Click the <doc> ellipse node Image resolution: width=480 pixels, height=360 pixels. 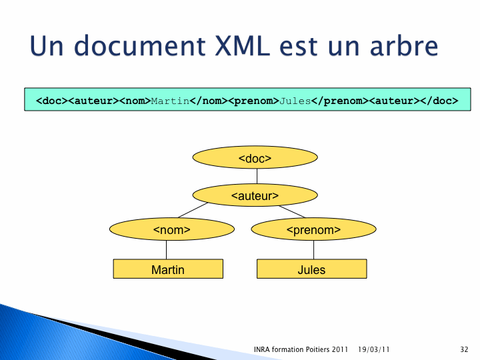(x=255, y=157)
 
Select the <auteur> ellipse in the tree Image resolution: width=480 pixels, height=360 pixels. (x=255, y=195)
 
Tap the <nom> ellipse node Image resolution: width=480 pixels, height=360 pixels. (x=172, y=229)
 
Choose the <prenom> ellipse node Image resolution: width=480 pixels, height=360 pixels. (x=314, y=229)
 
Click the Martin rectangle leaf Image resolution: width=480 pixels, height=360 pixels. (x=168, y=269)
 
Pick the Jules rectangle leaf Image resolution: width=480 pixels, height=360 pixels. (x=311, y=269)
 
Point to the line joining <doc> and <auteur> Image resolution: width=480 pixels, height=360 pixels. (x=257, y=176)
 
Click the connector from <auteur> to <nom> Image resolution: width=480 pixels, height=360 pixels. (x=193, y=210)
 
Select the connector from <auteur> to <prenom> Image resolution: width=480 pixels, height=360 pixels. (x=292, y=211)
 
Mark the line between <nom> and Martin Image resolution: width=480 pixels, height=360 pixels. (x=167, y=250)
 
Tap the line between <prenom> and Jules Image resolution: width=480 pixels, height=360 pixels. (x=314, y=250)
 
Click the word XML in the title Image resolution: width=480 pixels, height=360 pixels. (x=242, y=46)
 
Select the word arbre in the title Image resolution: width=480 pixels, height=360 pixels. (x=404, y=46)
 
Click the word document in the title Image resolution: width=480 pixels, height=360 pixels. (x=139, y=46)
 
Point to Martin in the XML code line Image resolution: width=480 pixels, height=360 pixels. (x=170, y=101)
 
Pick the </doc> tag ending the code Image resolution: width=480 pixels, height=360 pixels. (x=439, y=101)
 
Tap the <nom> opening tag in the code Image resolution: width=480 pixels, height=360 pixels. (x=135, y=101)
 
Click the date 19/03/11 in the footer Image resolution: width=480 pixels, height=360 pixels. (x=373, y=349)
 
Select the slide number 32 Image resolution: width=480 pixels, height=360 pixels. (x=464, y=349)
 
